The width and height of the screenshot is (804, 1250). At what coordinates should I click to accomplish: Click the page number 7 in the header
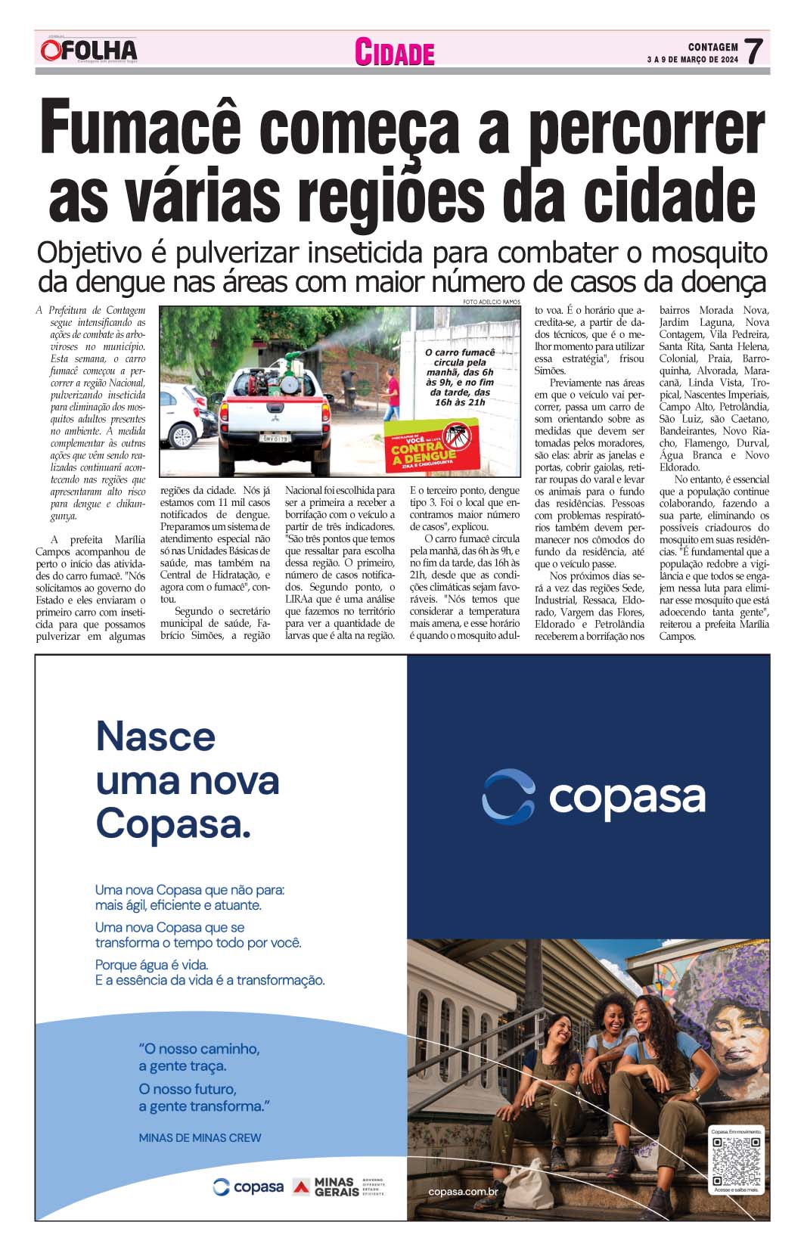(x=753, y=51)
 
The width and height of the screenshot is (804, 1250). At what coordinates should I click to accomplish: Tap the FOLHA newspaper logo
(x=89, y=51)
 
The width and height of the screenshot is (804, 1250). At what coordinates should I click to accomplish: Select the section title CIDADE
(x=395, y=53)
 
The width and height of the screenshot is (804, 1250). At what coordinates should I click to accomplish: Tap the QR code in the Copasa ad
(x=736, y=1161)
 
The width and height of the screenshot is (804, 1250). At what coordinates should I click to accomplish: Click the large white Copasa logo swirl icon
(x=508, y=796)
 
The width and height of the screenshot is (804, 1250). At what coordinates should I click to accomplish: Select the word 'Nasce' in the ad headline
(x=156, y=737)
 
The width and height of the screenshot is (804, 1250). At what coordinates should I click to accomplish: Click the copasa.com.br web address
(x=463, y=1193)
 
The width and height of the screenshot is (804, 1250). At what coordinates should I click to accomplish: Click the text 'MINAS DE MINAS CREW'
(x=200, y=1137)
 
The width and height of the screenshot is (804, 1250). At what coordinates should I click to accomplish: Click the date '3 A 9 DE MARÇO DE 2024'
(x=692, y=60)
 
